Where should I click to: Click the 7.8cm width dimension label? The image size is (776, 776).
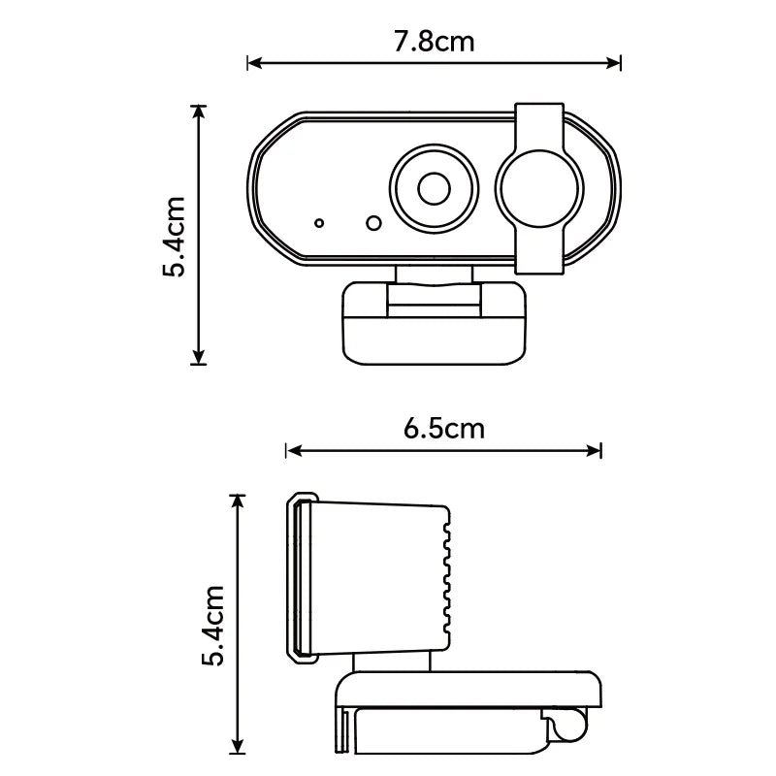[x=435, y=42]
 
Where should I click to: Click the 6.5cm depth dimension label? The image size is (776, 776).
[x=443, y=428]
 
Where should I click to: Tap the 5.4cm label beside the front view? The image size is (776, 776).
[x=176, y=237]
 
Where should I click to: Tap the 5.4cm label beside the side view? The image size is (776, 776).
[x=213, y=626]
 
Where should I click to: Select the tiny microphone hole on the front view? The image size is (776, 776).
[x=319, y=223]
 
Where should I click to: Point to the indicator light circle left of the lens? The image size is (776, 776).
[x=373, y=223]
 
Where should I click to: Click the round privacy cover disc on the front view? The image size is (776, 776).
[x=539, y=186]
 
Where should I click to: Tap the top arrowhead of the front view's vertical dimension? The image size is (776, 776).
[x=200, y=112]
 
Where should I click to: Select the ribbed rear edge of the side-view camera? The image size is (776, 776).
[x=445, y=579]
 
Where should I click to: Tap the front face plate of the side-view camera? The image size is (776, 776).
[x=302, y=578]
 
